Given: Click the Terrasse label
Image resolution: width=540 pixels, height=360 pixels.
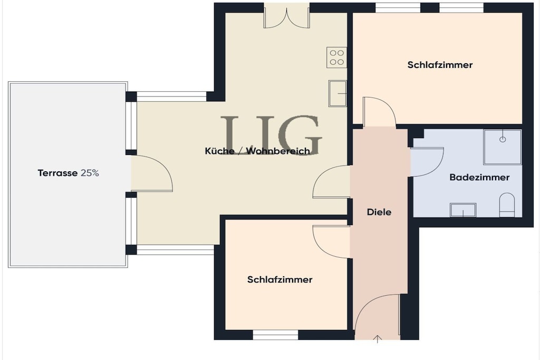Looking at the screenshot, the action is (x=57, y=173).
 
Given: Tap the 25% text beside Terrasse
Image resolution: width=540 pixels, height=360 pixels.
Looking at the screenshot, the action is (x=90, y=173).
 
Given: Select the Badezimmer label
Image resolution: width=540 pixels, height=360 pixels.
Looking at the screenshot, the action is (x=479, y=177).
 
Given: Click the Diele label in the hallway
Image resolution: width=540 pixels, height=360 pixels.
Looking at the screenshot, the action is (x=379, y=212).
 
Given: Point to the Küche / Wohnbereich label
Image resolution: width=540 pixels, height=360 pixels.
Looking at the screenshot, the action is (x=257, y=151).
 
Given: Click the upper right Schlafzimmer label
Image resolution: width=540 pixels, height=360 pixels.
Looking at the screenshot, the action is (x=440, y=65).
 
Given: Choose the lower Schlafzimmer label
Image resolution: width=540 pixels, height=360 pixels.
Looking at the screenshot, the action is (x=279, y=279).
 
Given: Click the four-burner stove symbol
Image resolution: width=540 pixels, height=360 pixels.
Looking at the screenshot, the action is (x=336, y=57).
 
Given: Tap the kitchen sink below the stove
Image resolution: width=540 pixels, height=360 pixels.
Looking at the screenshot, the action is (x=337, y=93).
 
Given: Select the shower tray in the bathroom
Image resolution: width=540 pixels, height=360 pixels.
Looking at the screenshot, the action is (x=502, y=147).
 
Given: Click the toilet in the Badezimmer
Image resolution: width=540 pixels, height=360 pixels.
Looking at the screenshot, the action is (x=507, y=205).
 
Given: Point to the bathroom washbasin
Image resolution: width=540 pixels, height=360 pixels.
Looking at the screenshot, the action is (x=463, y=210).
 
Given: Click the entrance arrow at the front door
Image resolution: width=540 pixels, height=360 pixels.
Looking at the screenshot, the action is (x=378, y=339).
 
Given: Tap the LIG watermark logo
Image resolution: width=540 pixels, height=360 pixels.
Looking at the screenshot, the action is (x=272, y=135).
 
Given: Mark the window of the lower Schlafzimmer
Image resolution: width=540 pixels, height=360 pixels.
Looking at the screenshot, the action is (x=275, y=335).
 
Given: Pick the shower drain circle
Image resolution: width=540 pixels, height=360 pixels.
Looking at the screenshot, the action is (x=503, y=139).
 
